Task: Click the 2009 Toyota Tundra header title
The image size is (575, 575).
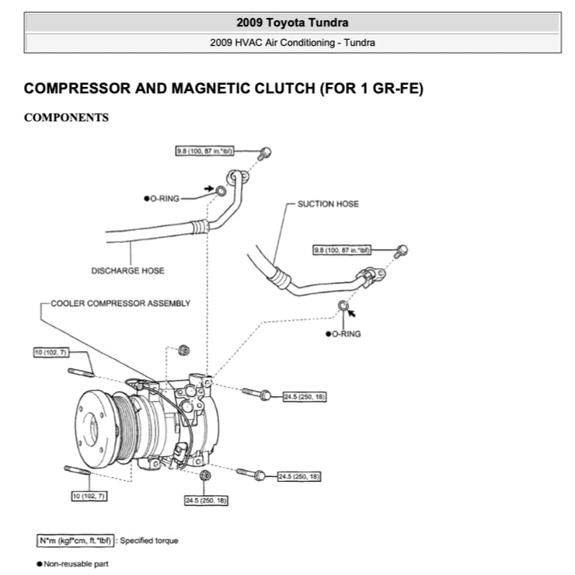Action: pyautogui.click(x=292, y=22)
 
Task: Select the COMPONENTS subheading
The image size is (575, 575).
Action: pyautogui.click(x=66, y=118)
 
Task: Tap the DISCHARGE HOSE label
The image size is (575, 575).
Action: pyautogui.click(x=128, y=271)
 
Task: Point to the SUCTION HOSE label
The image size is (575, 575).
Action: pyautogui.click(x=328, y=204)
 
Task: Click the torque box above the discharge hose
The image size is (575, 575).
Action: pyautogui.click(x=205, y=150)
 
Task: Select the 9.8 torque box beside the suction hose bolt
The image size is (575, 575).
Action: pyautogui.click(x=343, y=250)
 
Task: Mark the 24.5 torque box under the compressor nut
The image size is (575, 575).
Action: pyautogui.click(x=206, y=500)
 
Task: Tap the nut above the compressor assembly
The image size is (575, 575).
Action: pyautogui.click(x=184, y=350)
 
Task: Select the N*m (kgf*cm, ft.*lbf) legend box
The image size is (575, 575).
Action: pyautogui.click(x=75, y=540)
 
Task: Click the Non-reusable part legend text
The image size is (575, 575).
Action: pyautogui.click(x=71, y=564)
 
